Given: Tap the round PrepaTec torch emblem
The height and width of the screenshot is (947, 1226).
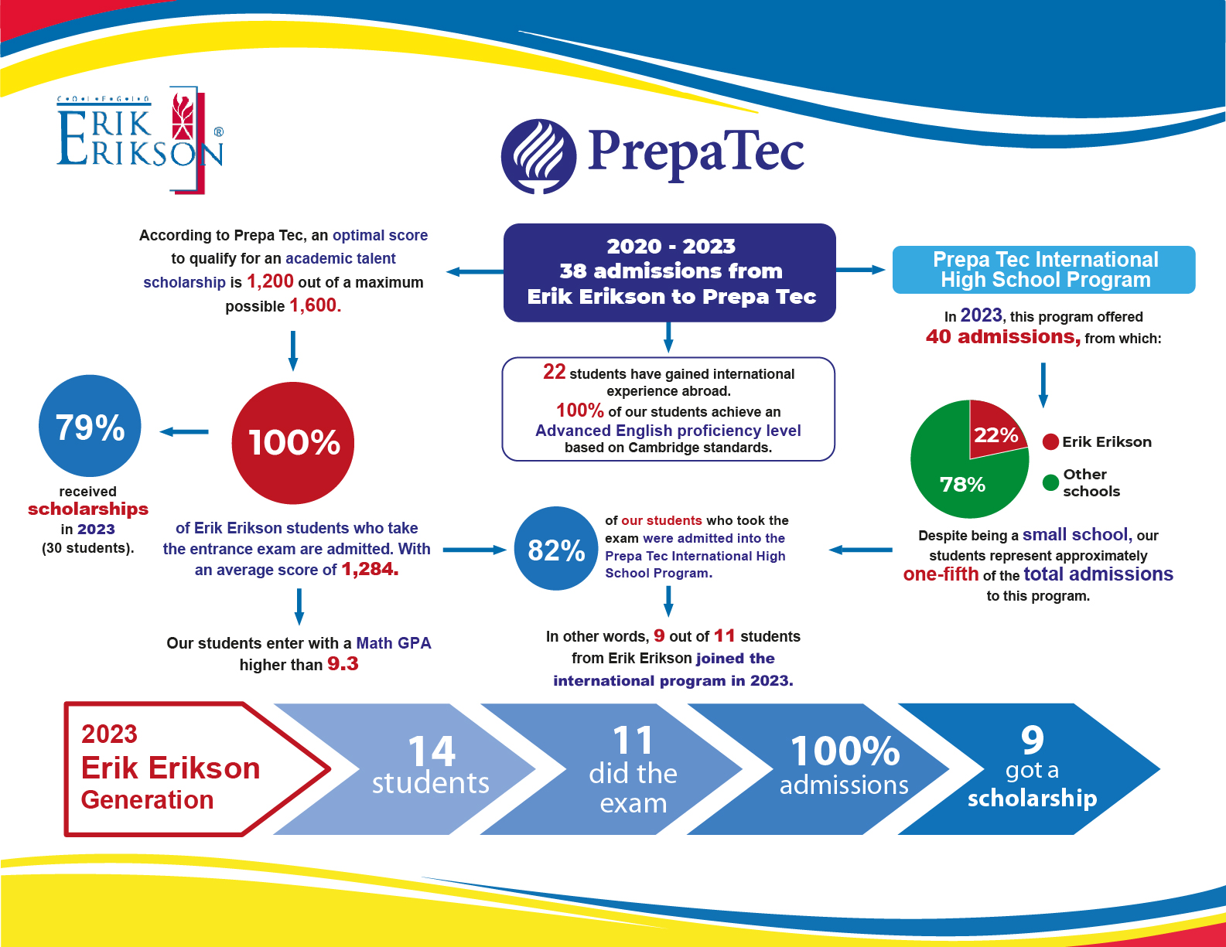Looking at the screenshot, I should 538,156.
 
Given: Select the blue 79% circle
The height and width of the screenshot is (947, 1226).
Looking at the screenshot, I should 90,426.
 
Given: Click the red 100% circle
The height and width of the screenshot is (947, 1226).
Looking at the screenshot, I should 293,443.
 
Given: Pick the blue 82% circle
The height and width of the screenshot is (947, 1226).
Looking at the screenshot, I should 555,549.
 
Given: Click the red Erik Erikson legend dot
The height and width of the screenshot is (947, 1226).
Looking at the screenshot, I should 1050,441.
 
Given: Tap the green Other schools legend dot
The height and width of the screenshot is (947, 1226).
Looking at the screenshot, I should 1050,482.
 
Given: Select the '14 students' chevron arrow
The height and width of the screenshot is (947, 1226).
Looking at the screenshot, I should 418,768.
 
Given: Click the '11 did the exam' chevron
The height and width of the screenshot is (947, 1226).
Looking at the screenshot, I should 627,768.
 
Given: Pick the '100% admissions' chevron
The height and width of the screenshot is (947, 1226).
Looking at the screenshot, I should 835,768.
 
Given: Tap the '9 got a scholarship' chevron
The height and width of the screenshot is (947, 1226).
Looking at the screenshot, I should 1036,768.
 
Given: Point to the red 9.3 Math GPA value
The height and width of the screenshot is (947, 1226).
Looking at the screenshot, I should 343,664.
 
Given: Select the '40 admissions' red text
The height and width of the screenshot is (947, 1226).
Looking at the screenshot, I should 1002,337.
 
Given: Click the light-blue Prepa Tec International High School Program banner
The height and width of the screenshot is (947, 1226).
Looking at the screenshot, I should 1044,270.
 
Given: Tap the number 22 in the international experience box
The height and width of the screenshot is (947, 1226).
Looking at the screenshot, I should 554,372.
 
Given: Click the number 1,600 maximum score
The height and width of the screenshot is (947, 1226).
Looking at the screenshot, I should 315,305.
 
